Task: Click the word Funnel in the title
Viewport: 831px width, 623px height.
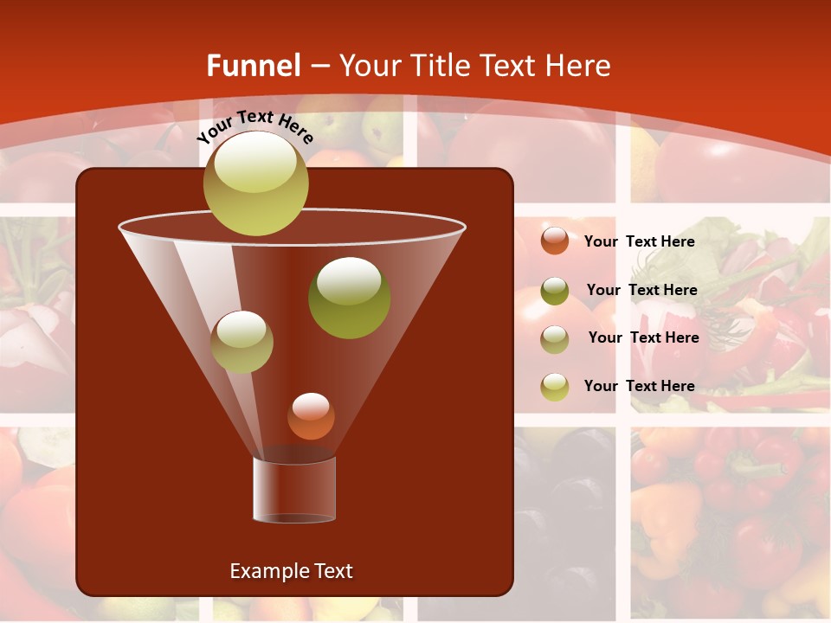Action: pyautogui.click(x=253, y=66)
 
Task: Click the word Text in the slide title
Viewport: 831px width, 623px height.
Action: pyautogui.click(x=509, y=66)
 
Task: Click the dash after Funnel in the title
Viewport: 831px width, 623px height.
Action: pyautogui.click(x=319, y=67)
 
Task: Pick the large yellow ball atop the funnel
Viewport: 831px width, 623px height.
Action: pyautogui.click(x=255, y=183)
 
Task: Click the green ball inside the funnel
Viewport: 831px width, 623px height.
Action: pyautogui.click(x=349, y=298)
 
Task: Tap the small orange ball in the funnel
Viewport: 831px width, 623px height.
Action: pyautogui.click(x=311, y=416)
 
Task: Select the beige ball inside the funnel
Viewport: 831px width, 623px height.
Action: pyautogui.click(x=242, y=342)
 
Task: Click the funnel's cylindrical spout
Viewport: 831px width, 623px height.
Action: pyautogui.click(x=294, y=490)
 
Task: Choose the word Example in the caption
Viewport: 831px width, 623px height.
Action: pyautogui.click(x=266, y=571)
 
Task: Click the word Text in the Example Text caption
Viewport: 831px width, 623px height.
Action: pyautogui.click(x=332, y=571)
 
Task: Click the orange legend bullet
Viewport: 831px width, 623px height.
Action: pyautogui.click(x=554, y=241)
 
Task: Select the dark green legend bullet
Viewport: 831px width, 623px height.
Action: pyautogui.click(x=554, y=291)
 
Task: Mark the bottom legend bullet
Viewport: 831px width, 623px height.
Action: pyautogui.click(x=554, y=387)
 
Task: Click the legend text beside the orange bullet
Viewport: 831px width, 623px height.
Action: pyautogui.click(x=639, y=241)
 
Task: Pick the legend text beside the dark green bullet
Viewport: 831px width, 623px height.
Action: pyautogui.click(x=641, y=290)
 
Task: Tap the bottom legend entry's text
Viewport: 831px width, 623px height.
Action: pyautogui.click(x=639, y=386)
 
